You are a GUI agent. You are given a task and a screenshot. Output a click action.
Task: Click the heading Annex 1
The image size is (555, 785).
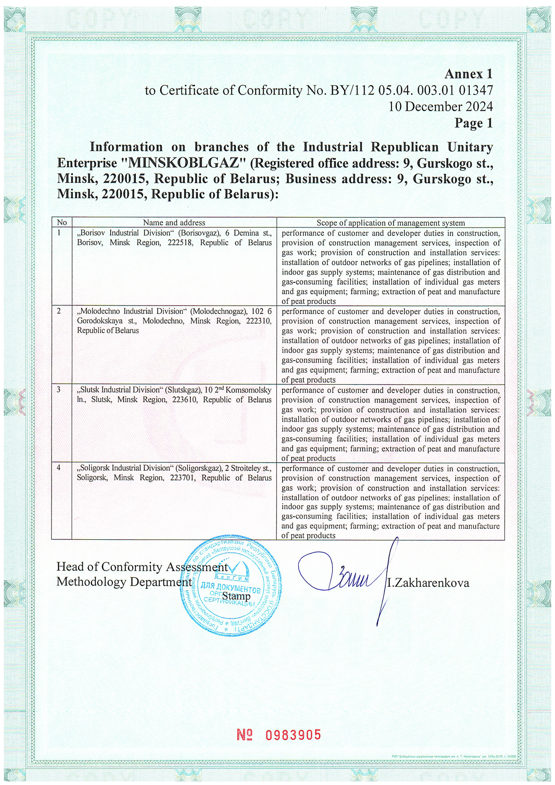[468, 74]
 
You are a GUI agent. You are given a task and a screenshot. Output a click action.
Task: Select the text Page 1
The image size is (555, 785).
[473, 123]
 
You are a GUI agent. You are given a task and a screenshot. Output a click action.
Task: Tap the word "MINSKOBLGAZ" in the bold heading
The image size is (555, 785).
[184, 163]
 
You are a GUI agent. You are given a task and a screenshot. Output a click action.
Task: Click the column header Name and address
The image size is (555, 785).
[174, 223]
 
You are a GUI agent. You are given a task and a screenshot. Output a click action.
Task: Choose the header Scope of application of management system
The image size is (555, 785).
[391, 223]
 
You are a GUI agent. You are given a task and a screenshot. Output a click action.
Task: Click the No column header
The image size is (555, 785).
[62, 223]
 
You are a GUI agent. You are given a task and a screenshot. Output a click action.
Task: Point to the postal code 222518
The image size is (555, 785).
[180, 243]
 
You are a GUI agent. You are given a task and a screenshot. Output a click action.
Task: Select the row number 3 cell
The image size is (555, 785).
[59, 390]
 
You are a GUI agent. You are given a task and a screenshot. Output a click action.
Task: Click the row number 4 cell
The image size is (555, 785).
[59, 468]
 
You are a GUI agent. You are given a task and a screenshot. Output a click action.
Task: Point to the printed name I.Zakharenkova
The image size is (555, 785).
[428, 583]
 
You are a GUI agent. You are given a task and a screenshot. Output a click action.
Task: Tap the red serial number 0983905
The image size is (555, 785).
[293, 735]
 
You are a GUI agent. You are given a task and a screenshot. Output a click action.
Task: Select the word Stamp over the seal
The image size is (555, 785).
[236, 596]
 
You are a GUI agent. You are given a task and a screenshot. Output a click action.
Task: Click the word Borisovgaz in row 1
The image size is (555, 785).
[200, 233]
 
